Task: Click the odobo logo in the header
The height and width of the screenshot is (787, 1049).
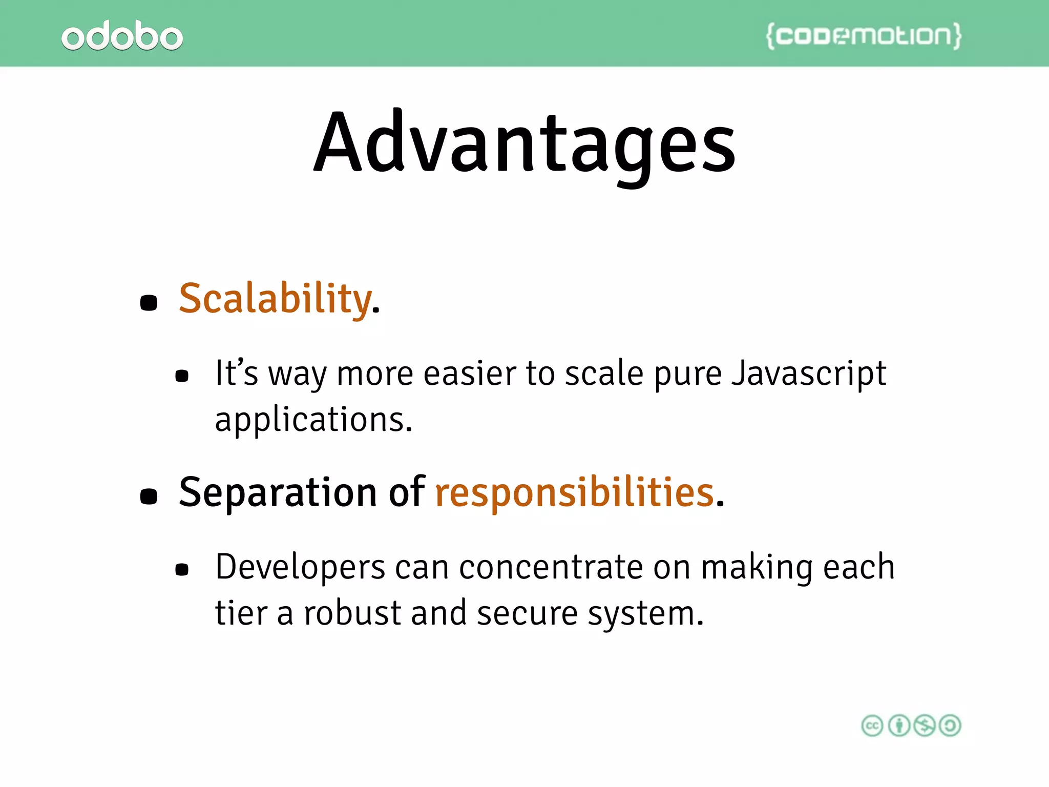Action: click(x=122, y=36)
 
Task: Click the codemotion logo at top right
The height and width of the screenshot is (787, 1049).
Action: click(x=864, y=36)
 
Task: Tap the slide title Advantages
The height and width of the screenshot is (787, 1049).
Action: click(x=524, y=143)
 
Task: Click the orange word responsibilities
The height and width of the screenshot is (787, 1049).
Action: click(x=574, y=492)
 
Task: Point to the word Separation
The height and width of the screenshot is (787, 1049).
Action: click(x=278, y=492)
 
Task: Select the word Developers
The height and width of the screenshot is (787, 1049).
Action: click(x=300, y=568)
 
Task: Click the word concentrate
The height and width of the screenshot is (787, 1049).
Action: click(x=551, y=568)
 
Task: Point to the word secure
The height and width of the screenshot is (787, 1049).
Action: click(x=527, y=613)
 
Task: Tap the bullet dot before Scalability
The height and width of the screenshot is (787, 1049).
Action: click(x=149, y=302)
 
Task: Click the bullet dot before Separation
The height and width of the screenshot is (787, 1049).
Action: click(x=149, y=496)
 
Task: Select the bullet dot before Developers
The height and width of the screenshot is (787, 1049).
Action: click(x=182, y=569)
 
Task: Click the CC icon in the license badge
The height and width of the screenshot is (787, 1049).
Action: click(x=872, y=726)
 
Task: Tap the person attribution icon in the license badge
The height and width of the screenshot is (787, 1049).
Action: click(x=898, y=726)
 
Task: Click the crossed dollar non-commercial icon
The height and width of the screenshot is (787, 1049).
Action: click(x=925, y=726)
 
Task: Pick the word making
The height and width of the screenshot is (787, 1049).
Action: click(x=757, y=568)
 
